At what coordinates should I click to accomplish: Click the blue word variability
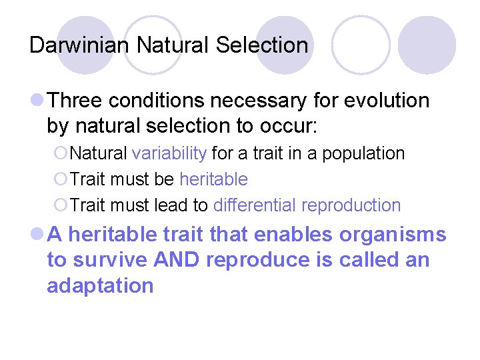coord(169,153)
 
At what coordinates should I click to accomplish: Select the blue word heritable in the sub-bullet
coord(213,179)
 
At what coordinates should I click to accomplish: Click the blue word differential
coord(255,205)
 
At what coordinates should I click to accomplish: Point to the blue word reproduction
coord(351,205)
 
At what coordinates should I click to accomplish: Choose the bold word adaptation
coord(100,286)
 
